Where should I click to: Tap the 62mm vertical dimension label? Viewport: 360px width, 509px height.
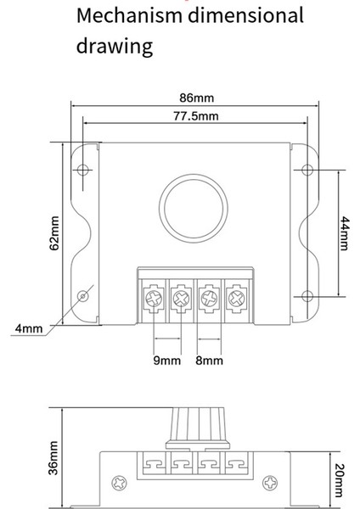(53, 232)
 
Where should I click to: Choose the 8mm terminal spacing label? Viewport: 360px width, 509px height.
(210, 360)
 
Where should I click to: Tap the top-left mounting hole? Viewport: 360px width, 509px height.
(83, 170)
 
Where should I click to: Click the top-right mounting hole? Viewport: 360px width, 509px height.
(305, 170)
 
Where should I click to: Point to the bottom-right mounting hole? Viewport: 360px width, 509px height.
(305, 296)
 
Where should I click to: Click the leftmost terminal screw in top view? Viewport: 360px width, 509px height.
(153, 298)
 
